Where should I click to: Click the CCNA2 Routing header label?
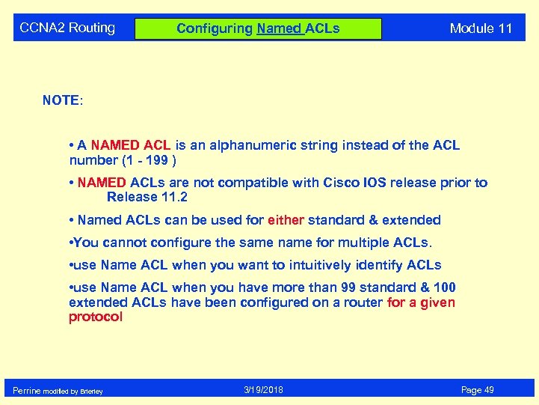point(67,28)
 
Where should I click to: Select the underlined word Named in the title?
point(279,29)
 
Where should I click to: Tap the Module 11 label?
point(481,29)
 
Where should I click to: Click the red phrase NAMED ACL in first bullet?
point(131,145)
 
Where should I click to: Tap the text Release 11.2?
point(147,198)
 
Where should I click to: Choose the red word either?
point(286,220)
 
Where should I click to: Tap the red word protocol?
point(95,317)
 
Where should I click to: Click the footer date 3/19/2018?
point(264,390)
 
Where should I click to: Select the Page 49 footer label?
point(477,390)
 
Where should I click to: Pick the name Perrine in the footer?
point(27,391)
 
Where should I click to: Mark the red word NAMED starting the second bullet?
point(102,183)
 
